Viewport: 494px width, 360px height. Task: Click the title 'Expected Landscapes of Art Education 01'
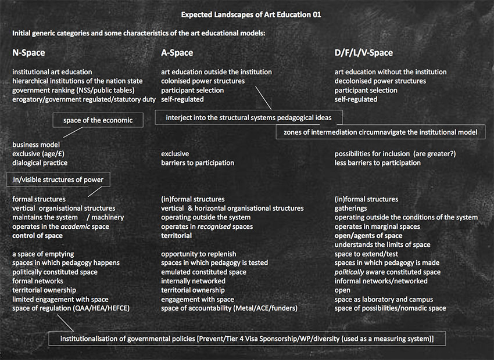[246, 14]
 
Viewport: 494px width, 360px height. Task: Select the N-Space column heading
[28, 53]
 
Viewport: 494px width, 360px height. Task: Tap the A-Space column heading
[177, 53]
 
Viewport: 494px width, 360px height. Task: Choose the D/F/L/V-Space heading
[363, 53]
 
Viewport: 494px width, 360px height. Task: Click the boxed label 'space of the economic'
[98, 120]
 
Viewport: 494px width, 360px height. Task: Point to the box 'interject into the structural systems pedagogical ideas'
[249, 117]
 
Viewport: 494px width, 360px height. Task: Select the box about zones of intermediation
[380, 132]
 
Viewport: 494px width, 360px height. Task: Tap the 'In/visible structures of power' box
[58, 179]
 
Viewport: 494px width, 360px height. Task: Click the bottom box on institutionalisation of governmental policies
[248, 338]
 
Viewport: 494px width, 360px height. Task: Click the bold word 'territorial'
[177, 236]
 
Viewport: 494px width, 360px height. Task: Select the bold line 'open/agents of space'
[368, 236]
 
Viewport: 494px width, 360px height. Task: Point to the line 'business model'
[36, 145]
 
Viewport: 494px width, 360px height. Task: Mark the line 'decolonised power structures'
[380, 81]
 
